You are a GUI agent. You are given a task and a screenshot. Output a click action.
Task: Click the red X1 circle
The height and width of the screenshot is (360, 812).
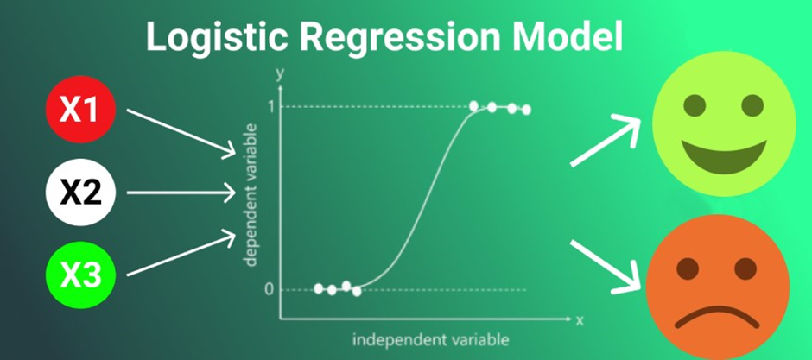79,109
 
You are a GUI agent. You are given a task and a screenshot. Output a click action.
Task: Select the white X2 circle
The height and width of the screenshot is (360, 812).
79,193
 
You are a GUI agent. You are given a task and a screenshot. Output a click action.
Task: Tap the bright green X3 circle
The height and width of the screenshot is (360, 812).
79,275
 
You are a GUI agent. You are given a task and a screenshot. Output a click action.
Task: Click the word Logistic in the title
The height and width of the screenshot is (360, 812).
218,39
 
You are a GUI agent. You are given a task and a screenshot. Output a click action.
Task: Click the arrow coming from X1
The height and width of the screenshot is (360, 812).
181,132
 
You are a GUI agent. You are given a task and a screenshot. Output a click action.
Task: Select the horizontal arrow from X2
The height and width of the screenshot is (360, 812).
181,193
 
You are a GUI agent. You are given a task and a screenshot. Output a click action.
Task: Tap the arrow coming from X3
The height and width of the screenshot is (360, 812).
181,254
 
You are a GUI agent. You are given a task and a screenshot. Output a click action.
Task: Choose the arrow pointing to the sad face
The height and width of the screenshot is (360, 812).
606,267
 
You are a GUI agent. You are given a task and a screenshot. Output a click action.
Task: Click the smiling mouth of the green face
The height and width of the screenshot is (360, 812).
724,156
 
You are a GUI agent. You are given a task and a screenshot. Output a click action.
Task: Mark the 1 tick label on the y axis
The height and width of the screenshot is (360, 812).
270,106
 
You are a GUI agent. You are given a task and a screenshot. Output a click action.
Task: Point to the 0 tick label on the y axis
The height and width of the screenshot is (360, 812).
269,289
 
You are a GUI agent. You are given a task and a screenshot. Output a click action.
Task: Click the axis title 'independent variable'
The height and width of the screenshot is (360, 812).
431,340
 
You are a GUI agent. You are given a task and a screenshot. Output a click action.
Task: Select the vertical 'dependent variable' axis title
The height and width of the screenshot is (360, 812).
251,195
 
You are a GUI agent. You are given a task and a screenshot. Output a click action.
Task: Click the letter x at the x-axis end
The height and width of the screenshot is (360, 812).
580,320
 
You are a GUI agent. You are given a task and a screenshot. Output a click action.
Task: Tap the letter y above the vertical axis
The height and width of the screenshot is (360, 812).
281,75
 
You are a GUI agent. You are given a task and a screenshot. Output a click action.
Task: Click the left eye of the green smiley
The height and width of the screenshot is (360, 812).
695,105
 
